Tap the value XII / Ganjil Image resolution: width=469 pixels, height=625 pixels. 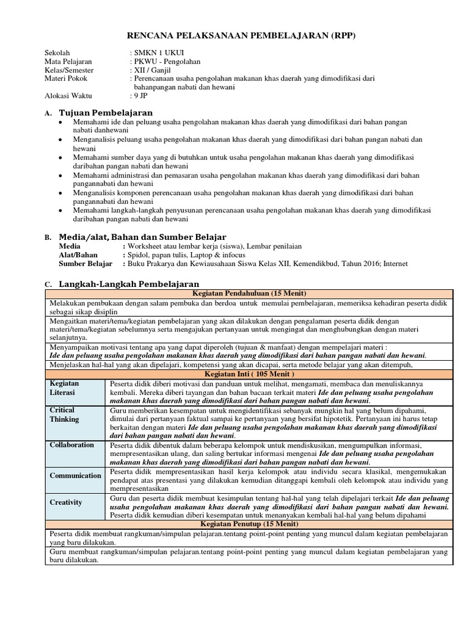151,70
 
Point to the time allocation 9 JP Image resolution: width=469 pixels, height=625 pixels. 140,96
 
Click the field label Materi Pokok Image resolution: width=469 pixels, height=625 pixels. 66,79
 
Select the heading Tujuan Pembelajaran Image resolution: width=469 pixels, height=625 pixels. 106,113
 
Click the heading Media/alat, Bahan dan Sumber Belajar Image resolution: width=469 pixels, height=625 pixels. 142,237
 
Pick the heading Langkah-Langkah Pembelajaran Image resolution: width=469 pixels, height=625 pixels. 129,284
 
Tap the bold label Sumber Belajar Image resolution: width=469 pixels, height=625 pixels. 85,264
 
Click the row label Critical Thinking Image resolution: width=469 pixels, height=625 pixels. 65,415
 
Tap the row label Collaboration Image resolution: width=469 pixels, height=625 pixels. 72,445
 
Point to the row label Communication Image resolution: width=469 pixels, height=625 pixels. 76,475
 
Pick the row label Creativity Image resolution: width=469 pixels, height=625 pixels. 66,502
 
